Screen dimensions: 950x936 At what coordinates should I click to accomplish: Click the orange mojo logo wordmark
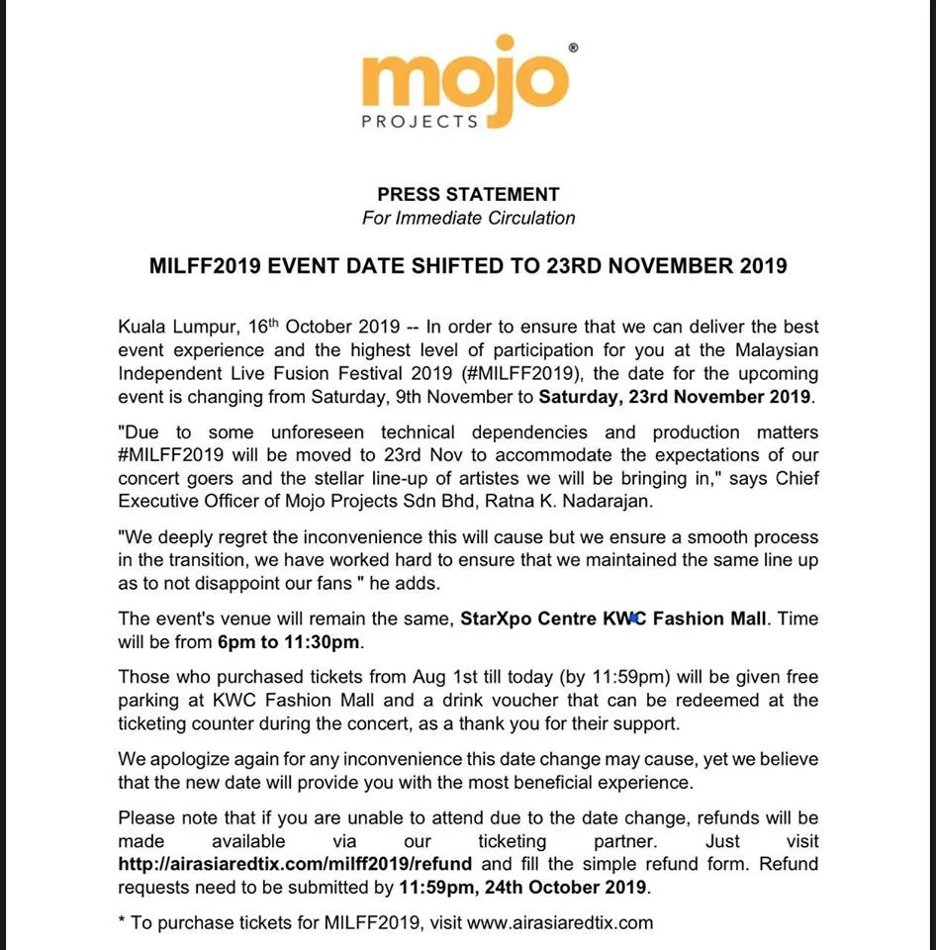point(465,81)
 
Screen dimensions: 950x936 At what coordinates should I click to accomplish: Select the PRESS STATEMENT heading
point(468,195)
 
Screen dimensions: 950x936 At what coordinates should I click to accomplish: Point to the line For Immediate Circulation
point(468,218)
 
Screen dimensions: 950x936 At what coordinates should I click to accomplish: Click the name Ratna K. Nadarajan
point(572,503)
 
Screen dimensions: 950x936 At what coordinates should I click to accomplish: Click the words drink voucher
point(475,701)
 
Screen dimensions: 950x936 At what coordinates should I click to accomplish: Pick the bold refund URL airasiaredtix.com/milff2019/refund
point(295,864)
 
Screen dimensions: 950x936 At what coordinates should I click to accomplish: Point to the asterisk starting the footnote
point(122,922)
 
